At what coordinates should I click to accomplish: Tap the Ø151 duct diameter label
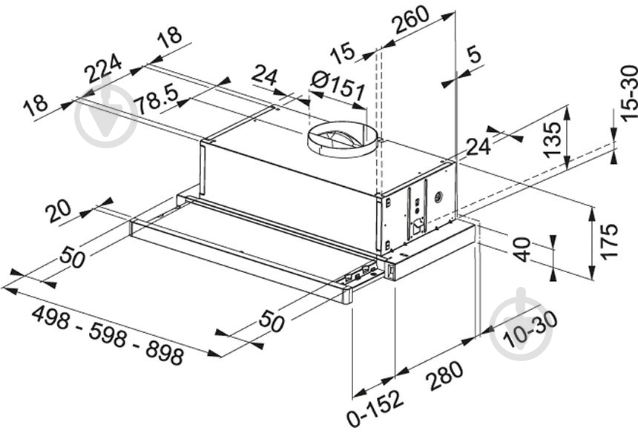338,86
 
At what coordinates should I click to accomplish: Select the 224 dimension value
103,68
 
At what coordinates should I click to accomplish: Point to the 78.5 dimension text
157,100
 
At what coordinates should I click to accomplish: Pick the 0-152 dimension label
375,408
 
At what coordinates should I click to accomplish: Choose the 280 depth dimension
444,375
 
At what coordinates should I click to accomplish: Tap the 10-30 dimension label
530,330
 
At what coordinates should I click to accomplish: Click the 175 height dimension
609,241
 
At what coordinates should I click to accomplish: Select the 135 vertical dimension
552,140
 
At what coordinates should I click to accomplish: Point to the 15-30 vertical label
628,93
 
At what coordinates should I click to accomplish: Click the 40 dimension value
522,250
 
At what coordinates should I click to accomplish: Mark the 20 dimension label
58,212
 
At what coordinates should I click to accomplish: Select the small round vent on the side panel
438,198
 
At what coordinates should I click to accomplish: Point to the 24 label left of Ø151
265,76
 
